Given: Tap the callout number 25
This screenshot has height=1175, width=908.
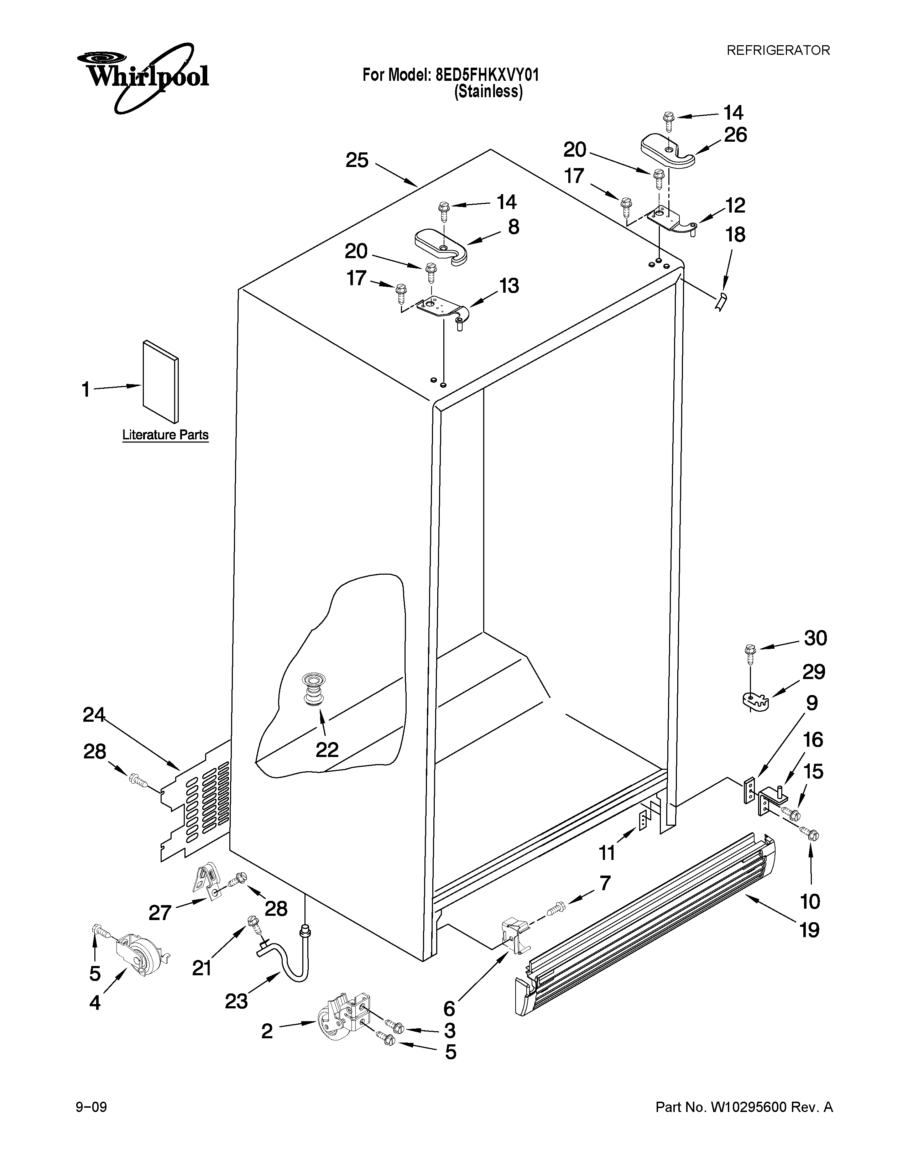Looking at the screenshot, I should click(357, 160).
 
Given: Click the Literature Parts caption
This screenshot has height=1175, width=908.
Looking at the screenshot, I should click(165, 435).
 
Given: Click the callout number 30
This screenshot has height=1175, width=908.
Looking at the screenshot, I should click(815, 638).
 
